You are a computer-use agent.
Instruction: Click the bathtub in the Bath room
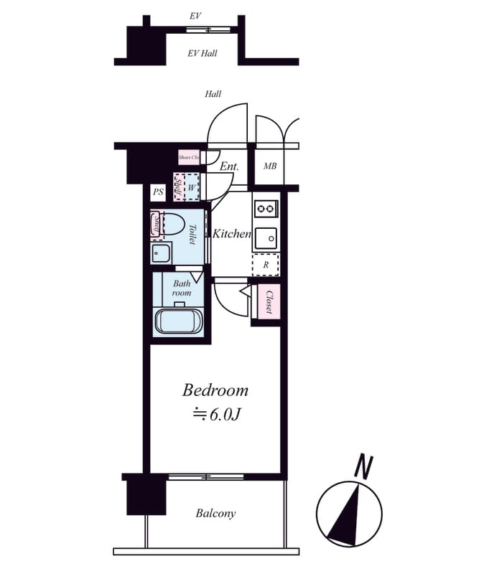(x=179, y=321)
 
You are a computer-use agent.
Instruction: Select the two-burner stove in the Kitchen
(x=266, y=209)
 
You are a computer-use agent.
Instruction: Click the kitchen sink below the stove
(x=266, y=237)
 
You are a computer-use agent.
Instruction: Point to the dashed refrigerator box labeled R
(x=266, y=264)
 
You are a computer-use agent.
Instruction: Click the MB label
(x=269, y=166)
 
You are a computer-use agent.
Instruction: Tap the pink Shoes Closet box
(x=189, y=156)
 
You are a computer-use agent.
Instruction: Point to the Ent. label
(x=229, y=166)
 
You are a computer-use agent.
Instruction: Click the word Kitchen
(x=231, y=234)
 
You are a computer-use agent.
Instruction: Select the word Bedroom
(x=215, y=390)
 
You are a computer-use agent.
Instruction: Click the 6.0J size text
(x=215, y=414)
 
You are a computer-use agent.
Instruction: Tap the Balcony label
(x=215, y=513)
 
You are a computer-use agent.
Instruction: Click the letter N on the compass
(x=364, y=467)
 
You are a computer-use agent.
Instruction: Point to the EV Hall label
(x=203, y=53)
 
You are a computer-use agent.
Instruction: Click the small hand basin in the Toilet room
(x=161, y=253)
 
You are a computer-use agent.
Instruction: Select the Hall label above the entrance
(x=213, y=94)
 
